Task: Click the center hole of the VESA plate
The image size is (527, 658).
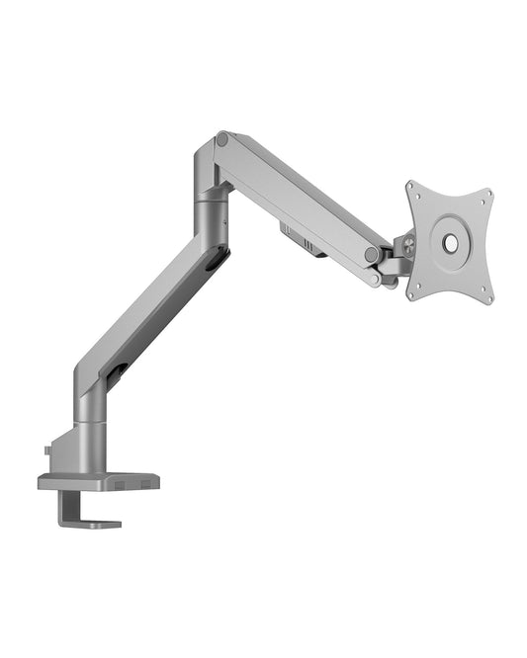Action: [452, 240]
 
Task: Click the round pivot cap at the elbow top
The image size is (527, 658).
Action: [222, 140]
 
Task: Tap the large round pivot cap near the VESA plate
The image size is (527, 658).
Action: [371, 255]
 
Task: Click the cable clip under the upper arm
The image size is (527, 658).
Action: [301, 239]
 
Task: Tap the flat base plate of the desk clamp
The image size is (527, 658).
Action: [99, 482]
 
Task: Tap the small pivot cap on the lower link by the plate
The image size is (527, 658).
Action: [376, 280]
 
